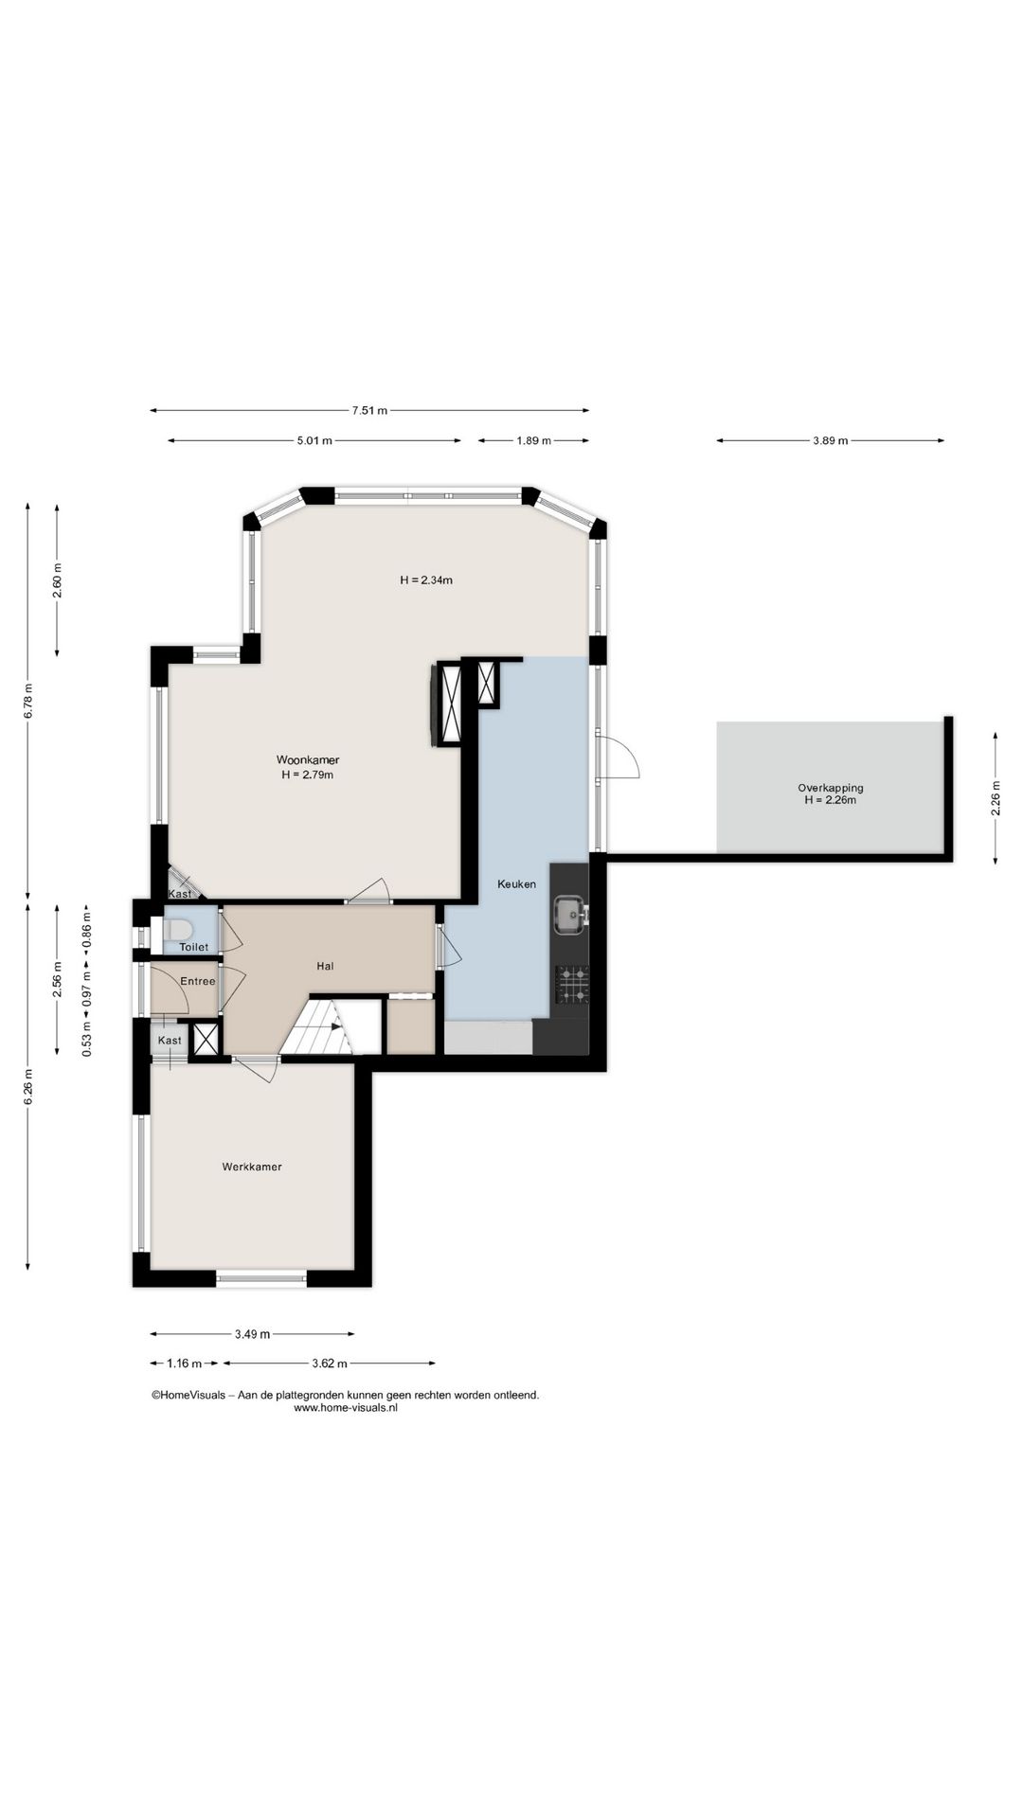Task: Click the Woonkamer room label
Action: pos(308,759)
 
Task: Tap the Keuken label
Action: pos(517,884)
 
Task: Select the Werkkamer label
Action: pos(252,1167)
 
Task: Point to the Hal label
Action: pos(326,966)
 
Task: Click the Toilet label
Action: pos(193,947)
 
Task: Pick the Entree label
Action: pos(198,981)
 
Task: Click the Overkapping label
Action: pos(831,788)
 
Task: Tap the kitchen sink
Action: pos(570,915)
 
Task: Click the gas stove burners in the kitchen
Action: pos(572,984)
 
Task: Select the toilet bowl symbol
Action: pos(177,928)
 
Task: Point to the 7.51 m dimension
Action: pos(369,411)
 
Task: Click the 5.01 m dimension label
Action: pos(314,440)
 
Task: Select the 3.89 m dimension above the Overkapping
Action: pos(830,440)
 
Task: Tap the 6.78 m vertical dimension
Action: pos(28,701)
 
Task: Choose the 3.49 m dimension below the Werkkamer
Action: pos(252,1334)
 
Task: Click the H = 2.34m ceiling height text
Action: pos(426,580)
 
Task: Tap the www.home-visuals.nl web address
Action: pos(346,1408)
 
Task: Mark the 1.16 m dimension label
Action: pos(184,1363)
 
